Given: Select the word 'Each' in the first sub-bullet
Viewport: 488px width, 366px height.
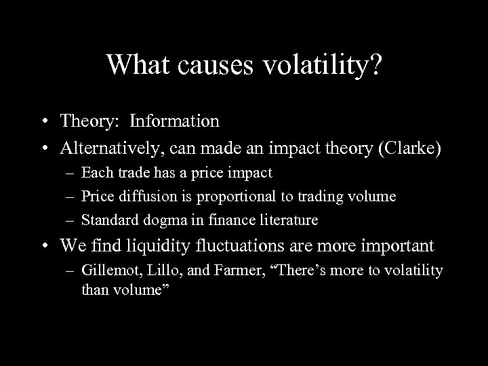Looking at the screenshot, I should (95, 173).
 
